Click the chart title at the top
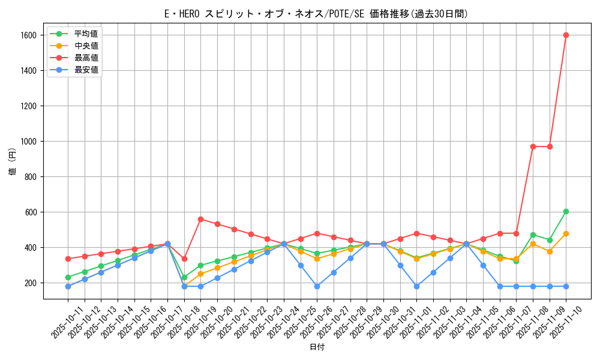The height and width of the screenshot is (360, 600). (x=316, y=14)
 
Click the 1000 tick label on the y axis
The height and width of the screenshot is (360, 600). (x=28, y=142)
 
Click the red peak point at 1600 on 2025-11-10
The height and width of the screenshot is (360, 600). (x=566, y=35)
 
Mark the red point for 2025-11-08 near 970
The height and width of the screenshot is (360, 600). (x=533, y=146)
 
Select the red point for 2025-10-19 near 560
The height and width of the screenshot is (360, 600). (x=201, y=219)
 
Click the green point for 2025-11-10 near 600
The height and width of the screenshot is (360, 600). (x=566, y=211)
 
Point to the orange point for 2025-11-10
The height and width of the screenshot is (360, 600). (x=566, y=233)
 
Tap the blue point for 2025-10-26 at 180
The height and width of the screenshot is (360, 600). (x=317, y=286)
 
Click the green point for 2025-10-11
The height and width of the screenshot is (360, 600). (x=68, y=277)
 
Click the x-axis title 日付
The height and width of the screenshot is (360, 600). (x=317, y=347)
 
